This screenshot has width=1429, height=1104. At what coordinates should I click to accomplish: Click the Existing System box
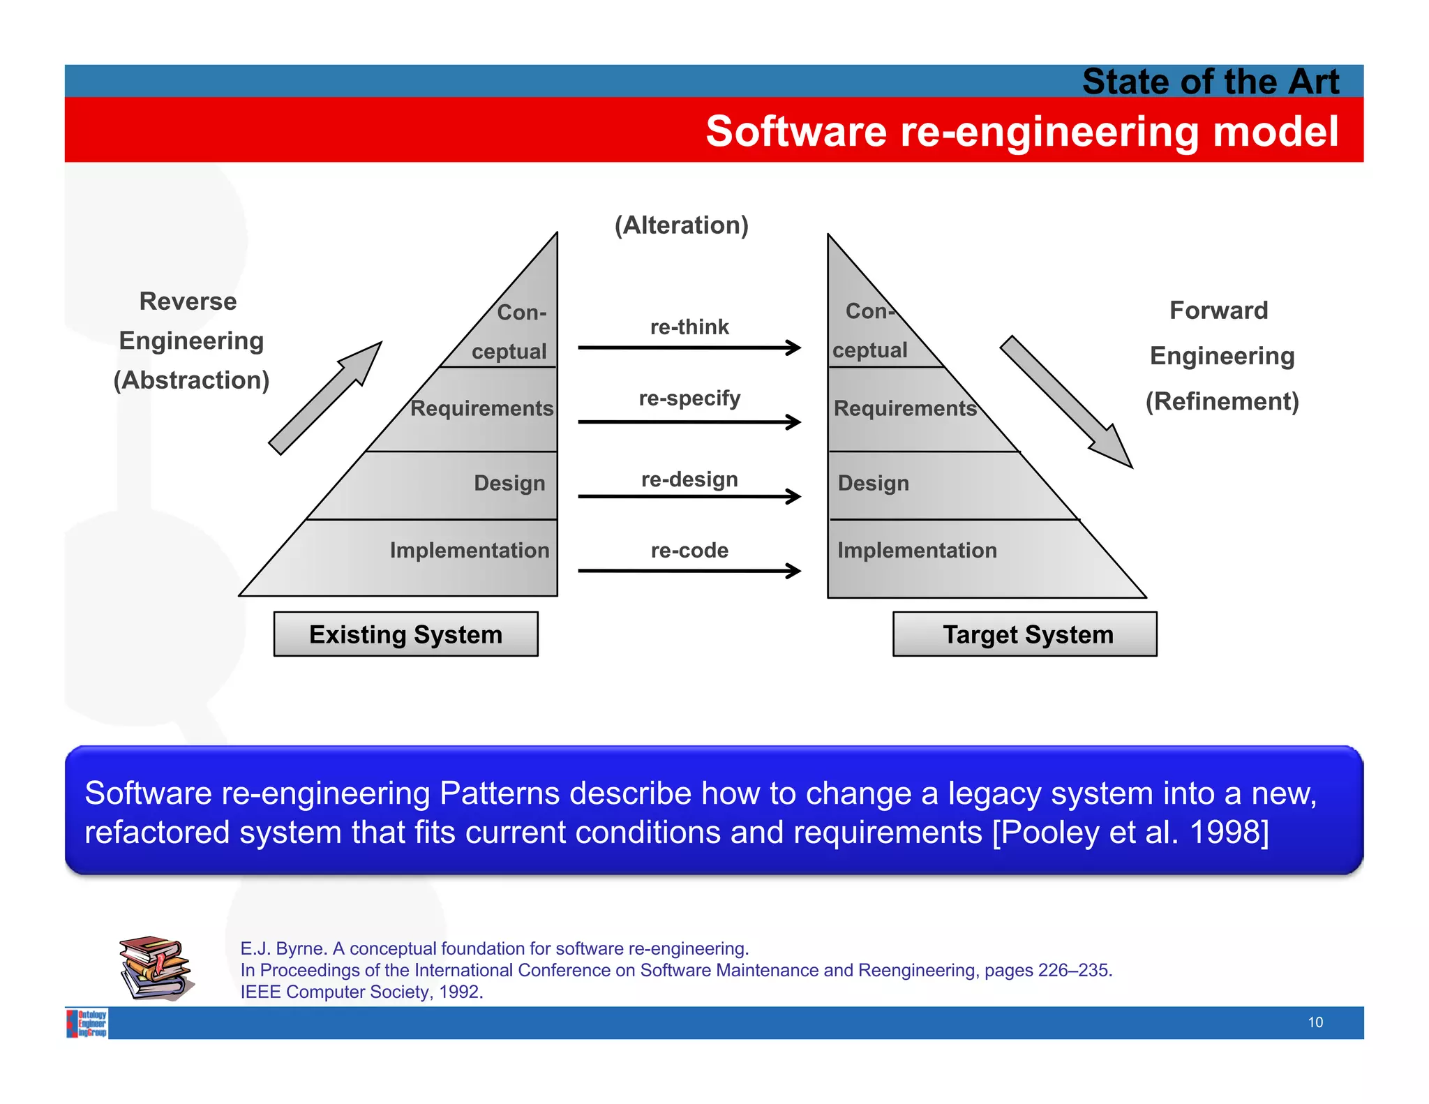tap(405, 634)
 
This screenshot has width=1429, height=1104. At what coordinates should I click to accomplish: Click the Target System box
tap(1024, 634)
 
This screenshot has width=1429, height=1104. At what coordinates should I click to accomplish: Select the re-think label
tap(689, 327)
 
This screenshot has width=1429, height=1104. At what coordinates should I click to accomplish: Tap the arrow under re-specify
tap(689, 422)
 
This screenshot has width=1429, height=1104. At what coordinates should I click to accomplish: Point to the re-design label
tap(689, 479)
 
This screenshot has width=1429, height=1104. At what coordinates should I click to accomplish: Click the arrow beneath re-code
tap(689, 571)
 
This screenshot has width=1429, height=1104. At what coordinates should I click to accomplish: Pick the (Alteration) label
tap(681, 225)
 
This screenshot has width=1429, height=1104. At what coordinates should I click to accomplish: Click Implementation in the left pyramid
tap(469, 551)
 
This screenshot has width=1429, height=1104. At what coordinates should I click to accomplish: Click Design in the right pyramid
tap(873, 483)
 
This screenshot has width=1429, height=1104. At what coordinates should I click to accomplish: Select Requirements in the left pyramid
tap(481, 408)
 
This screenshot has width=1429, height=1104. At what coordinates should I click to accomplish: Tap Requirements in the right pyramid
tap(905, 408)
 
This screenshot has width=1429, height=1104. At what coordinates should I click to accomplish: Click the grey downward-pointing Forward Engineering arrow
tap(1065, 401)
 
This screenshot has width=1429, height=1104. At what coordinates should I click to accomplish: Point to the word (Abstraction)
tap(191, 380)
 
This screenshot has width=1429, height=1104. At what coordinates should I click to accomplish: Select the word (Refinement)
tap(1222, 401)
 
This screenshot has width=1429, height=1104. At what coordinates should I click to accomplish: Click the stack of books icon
tap(156, 968)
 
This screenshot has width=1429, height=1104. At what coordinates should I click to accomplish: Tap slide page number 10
tap(1315, 1022)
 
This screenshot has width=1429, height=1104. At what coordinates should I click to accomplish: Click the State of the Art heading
tap(1210, 82)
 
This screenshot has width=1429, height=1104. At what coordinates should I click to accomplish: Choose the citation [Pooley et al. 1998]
tap(1130, 833)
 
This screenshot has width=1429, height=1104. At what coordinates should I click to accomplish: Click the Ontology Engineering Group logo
tap(87, 1023)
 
